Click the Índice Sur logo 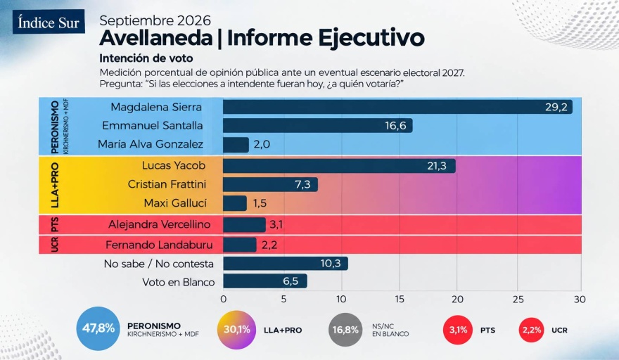pos(49,22)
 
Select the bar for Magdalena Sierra pos(397,107)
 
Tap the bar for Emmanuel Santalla pos(318,126)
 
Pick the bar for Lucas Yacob pos(339,166)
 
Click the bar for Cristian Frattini pos(270,184)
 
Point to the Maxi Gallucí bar pos(235,203)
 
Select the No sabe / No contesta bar pos(286,263)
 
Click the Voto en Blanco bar pos(265,281)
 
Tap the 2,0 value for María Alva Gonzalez pos(262,144)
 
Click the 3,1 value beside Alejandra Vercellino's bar pos(276,224)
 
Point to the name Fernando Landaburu pos(159,245)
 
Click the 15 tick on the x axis pos(400,300)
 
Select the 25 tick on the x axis pos(518,300)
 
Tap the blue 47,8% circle pos(98,328)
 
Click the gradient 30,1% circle pos(237,330)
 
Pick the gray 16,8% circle pos(345,330)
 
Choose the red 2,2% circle pos(532,330)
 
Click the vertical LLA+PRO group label pos(55,185)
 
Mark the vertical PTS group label pos(55,224)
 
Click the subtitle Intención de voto pos(146,58)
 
